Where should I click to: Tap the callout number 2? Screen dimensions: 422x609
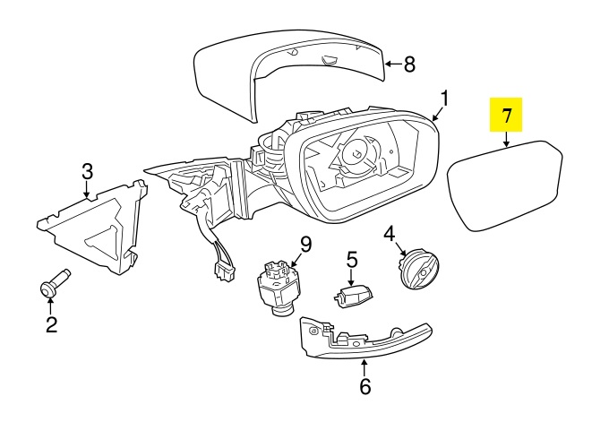click(x=51, y=324)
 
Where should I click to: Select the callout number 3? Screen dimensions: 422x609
click(x=87, y=170)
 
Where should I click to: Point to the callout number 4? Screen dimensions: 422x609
click(x=390, y=235)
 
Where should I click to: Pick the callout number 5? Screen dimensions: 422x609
click(x=351, y=260)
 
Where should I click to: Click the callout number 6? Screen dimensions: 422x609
click(x=365, y=387)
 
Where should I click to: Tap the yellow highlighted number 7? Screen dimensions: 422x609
click(x=506, y=115)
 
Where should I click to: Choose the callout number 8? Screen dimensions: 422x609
click(x=410, y=64)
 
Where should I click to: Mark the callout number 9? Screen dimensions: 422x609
click(x=304, y=243)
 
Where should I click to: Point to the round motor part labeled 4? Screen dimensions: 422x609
click(x=416, y=268)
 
